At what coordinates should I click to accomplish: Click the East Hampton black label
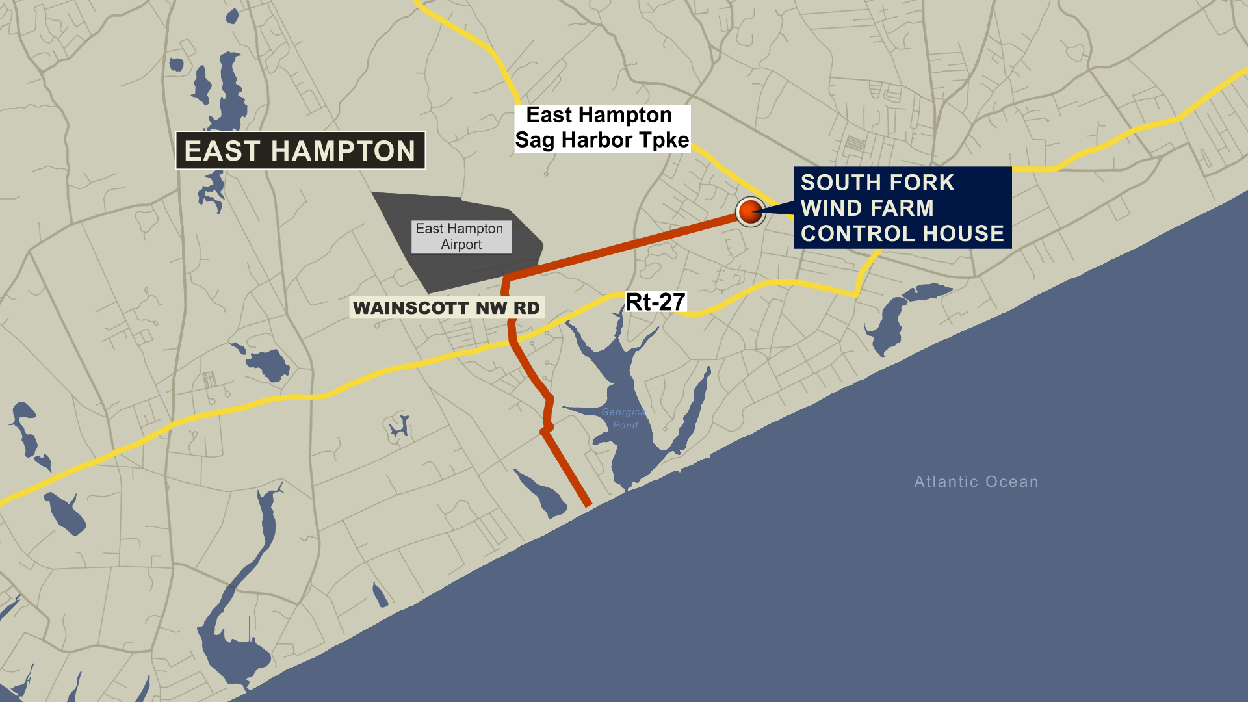click(300, 151)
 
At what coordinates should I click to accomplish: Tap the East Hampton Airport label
click(461, 237)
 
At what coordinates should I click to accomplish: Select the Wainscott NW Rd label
click(447, 307)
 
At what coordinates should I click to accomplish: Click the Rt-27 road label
click(655, 302)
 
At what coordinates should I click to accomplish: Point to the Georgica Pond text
click(623, 419)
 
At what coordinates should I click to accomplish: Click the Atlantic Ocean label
click(976, 482)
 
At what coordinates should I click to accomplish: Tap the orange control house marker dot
click(750, 211)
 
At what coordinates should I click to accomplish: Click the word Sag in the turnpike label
click(535, 140)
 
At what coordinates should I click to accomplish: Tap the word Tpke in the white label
click(664, 140)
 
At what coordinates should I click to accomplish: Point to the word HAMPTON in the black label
click(343, 151)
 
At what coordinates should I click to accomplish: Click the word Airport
click(461, 245)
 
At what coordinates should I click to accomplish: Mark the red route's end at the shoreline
click(587, 503)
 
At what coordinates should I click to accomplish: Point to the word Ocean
click(1012, 482)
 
